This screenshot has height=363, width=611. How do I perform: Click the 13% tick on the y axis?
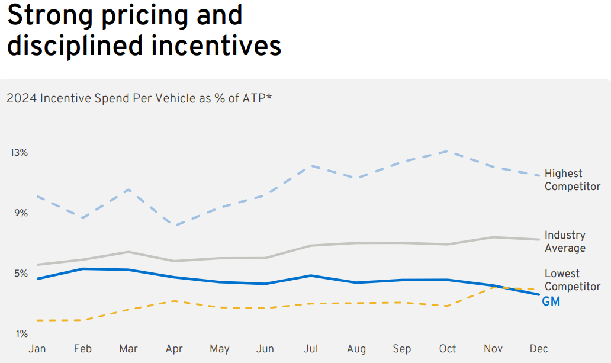point(20,153)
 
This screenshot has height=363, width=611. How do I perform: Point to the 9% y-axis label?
point(21,213)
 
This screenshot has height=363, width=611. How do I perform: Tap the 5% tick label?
point(21,274)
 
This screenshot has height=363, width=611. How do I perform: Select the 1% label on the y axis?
point(21,334)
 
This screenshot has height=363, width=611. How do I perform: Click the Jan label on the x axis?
point(37,349)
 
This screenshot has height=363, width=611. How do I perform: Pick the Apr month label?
point(174,349)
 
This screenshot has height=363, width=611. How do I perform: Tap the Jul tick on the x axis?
point(311,349)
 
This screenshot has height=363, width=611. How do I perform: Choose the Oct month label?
point(448,349)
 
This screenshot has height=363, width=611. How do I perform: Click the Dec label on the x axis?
point(539,349)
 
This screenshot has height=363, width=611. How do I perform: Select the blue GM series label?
point(551,301)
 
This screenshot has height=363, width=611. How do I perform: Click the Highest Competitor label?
point(572,180)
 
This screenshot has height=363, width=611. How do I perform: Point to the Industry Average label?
point(565,242)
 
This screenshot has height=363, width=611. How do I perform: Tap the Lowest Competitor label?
point(572,280)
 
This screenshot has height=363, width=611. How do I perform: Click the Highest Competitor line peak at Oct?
point(448,151)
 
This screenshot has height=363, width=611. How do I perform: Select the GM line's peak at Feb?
point(83,269)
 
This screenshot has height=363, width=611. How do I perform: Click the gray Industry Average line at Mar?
point(129,252)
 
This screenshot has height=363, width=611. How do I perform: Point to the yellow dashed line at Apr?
point(175,301)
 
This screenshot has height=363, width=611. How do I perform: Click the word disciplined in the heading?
point(75,46)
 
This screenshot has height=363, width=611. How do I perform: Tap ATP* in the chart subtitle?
point(256,98)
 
